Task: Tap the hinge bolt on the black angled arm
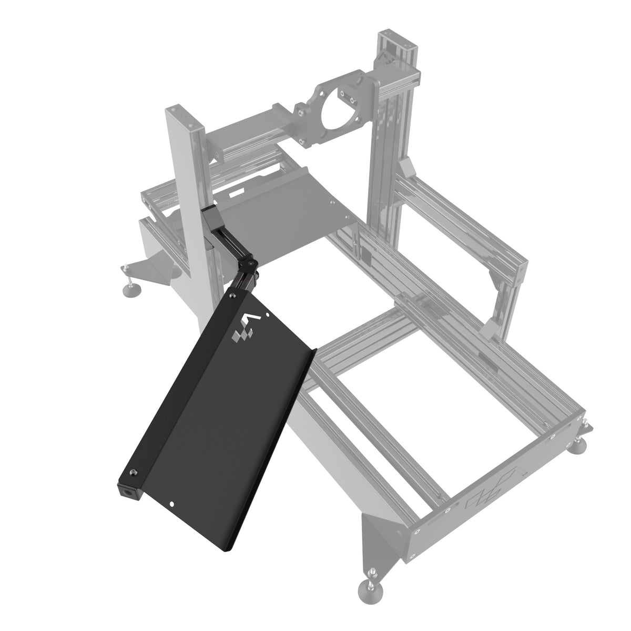(251, 263)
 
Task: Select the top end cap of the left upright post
(182, 117)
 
